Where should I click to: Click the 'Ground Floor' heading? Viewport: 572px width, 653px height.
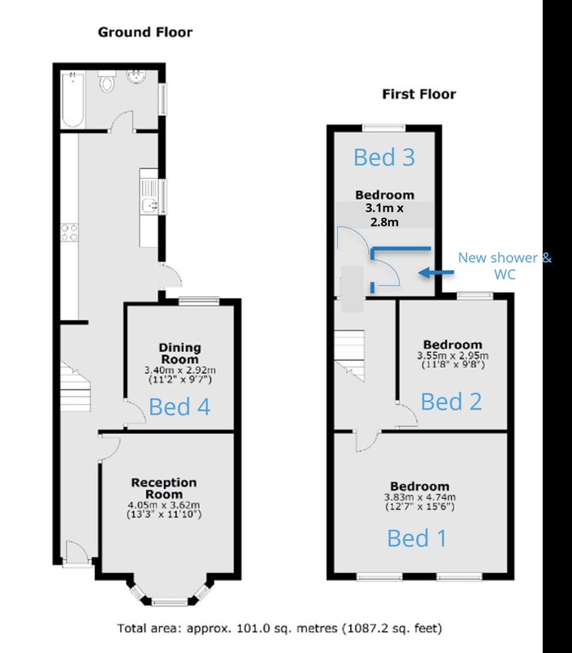(x=145, y=33)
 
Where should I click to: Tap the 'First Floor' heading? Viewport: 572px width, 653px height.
(x=419, y=94)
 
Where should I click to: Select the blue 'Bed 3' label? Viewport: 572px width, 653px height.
(x=384, y=158)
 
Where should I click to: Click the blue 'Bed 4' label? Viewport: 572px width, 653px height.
(x=180, y=406)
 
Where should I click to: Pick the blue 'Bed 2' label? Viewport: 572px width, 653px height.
(x=451, y=402)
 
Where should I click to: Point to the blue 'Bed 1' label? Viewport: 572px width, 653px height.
(x=417, y=538)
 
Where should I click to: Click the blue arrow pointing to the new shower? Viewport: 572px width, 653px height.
(x=437, y=273)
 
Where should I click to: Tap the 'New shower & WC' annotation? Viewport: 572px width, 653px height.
(x=504, y=266)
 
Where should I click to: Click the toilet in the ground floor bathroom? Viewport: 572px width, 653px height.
(x=107, y=81)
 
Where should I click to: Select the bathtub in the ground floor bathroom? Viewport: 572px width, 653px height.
(x=73, y=100)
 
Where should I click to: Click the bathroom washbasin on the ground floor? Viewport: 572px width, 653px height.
(x=136, y=77)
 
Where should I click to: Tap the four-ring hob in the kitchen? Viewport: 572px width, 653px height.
(x=69, y=233)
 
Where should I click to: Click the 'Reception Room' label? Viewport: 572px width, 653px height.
(x=164, y=488)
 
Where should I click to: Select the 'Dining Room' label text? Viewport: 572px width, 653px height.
(x=180, y=353)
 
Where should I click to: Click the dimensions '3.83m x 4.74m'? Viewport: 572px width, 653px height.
(x=419, y=497)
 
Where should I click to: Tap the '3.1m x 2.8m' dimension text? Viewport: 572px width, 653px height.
(x=384, y=215)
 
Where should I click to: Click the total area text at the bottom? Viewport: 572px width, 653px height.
(x=279, y=628)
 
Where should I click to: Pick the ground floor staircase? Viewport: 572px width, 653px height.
(x=75, y=387)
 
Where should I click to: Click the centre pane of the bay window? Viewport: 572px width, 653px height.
(x=170, y=602)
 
